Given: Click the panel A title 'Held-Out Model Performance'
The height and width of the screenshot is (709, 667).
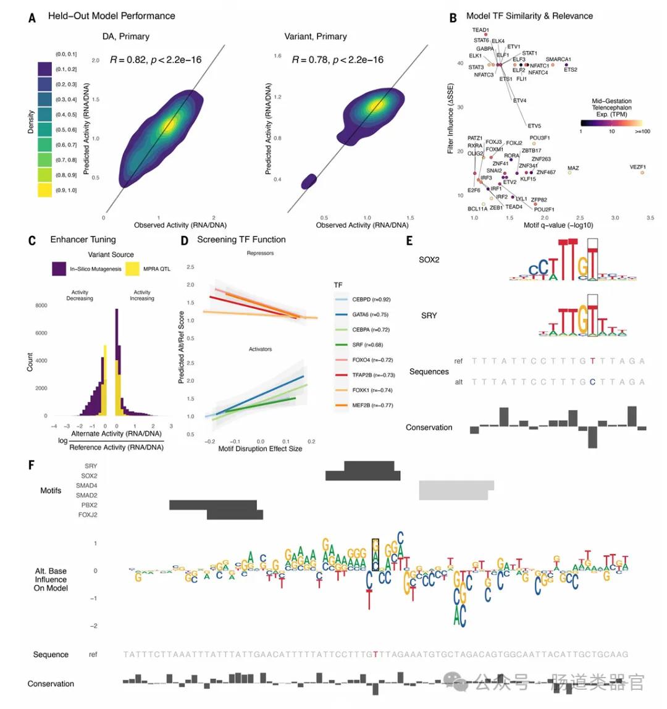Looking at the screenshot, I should pos(111,16).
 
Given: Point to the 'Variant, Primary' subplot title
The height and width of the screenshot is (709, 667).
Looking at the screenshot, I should pos(315,36).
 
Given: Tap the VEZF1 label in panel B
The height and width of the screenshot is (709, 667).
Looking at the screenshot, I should pos(637,167).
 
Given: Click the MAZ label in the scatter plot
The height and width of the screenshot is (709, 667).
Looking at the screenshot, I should pos(573,169).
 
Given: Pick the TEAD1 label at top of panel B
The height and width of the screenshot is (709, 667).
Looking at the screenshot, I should pos(480,30).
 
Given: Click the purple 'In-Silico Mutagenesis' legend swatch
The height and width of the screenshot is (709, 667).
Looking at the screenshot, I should pos(59,269).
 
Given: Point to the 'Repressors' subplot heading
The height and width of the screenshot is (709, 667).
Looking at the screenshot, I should pos(259,253).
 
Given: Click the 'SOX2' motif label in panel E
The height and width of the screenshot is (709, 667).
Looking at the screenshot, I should pos(429,260).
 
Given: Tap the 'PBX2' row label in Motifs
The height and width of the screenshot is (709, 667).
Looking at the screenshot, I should pos(88,505).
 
